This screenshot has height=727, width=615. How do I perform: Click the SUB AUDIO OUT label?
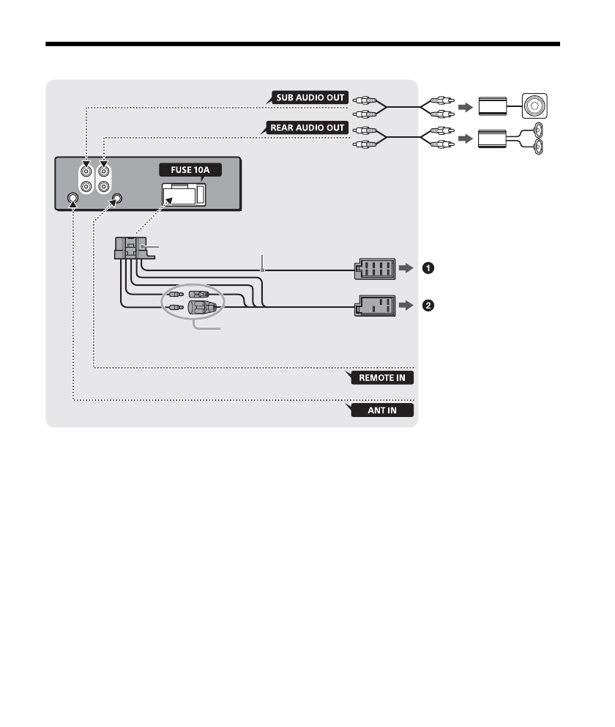tap(309, 96)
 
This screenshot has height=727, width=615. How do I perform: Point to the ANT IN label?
tap(381, 410)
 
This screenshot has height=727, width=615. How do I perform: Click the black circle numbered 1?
tap(428, 269)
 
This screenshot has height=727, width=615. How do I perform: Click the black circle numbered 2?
tap(428, 305)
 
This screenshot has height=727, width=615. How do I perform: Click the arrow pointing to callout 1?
tap(406, 269)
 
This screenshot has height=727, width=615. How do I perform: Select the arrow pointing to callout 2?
tap(406, 305)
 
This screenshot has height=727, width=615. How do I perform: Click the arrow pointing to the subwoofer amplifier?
tap(464, 106)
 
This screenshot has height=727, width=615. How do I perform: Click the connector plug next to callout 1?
tap(374, 269)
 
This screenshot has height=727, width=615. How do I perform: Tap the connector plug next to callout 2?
tap(374, 305)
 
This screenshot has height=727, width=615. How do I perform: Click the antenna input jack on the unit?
tap(73, 198)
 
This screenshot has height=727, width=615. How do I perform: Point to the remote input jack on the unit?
tap(116, 198)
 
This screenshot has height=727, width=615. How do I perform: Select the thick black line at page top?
tap(302, 45)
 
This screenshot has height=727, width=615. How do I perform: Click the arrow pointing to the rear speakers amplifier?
tap(464, 138)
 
